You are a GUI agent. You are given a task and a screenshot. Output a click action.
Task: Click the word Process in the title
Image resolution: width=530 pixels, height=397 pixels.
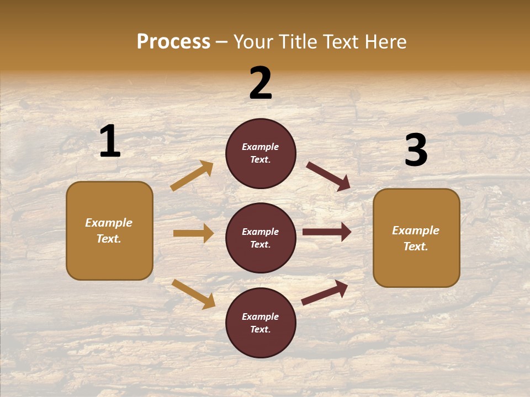click(x=173, y=41)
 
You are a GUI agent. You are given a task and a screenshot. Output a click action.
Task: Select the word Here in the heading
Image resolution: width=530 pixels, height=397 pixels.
click(x=384, y=41)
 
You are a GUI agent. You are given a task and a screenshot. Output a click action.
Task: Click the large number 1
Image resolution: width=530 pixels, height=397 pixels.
click(x=110, y=141)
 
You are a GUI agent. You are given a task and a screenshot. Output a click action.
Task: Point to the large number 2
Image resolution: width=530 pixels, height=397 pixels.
click(x=261, y=83)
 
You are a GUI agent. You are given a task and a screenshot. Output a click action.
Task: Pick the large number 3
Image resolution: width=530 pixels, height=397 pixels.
click(x=416, y=150)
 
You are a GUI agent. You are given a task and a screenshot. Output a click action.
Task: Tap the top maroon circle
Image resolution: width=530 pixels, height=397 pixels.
click(x=261, y=153)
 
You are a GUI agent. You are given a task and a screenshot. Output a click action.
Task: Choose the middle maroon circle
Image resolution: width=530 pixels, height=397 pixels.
click(x=261, y=238)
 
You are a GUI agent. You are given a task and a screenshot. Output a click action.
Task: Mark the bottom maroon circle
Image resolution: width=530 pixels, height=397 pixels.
click(x=261, y=323)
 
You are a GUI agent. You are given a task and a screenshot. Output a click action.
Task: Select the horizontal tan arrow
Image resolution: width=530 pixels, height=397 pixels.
click(x=193, y=233)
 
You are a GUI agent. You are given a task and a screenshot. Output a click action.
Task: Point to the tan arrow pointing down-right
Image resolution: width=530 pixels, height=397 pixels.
click(x=193, y=294)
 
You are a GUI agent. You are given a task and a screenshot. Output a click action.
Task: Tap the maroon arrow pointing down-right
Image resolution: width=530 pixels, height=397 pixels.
click(x=328, y=176)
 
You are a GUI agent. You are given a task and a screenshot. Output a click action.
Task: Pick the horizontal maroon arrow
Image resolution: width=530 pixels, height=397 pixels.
click(x=327, y=232)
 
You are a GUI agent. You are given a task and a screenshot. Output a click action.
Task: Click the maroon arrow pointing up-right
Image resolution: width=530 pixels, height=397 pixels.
click(x=325, y=292)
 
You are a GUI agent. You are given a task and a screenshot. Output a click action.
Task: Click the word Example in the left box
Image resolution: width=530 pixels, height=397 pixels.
click(x=109, y=223)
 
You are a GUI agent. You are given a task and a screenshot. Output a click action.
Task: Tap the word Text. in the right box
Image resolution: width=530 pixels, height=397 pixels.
click(x=416, y=246)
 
